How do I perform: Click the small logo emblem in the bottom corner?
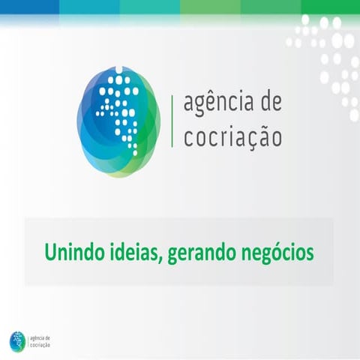(17, 340)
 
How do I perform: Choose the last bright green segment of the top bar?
(330, 6)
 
